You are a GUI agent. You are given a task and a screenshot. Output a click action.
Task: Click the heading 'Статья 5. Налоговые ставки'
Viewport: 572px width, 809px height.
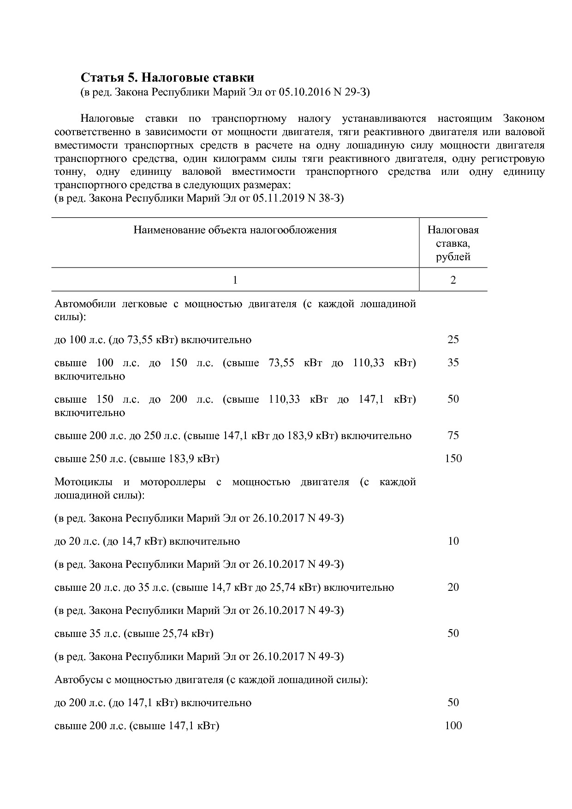pos(167,77)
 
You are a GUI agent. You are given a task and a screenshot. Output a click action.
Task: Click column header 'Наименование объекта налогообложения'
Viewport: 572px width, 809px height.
pos(235,230)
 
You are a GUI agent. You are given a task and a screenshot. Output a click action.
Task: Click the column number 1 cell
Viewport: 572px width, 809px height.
pos(235,280)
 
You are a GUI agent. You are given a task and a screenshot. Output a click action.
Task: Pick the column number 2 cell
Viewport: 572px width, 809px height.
pos(453,280)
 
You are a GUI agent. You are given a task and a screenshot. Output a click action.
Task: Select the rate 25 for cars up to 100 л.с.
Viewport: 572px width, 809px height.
pos(453,339)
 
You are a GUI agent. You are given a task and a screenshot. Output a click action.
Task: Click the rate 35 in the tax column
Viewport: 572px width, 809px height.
pos(453,363)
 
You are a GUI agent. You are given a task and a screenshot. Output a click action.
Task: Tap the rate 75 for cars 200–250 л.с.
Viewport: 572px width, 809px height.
pos(453,435)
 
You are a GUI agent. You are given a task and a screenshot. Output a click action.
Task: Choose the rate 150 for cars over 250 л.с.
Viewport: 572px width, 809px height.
pos(453,458)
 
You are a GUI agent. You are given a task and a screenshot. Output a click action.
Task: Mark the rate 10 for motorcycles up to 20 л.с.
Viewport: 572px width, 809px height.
pos(453,541)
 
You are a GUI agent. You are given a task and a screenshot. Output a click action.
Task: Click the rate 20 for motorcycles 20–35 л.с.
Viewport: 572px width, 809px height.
pos(453,587)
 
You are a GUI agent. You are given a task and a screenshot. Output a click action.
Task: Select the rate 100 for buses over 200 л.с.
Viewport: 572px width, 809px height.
pos(453,726)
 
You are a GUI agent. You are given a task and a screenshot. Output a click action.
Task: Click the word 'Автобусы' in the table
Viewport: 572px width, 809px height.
pos(76,680)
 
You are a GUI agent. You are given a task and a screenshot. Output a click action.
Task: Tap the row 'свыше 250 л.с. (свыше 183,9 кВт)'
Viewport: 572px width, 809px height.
pos(137,459)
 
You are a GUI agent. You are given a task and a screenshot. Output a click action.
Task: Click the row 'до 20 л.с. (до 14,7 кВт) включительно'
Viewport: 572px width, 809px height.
pos(147,541)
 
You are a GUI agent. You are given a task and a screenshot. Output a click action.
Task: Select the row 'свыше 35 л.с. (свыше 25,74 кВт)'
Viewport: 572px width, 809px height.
pos(134,634)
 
